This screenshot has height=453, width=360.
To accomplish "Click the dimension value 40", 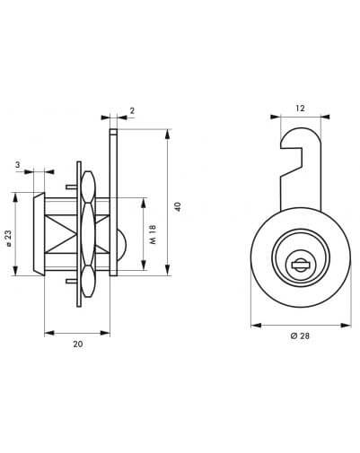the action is [178, 206].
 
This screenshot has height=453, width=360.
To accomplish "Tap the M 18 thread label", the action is [153, 234].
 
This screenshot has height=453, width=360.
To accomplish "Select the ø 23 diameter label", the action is [8, 239].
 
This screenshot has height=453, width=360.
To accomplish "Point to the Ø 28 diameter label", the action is [300, 335].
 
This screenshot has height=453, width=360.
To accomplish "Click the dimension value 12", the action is [300, 109].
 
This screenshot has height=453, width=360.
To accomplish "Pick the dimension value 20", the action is [78, 344].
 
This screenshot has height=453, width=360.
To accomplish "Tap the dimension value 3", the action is [18, 164].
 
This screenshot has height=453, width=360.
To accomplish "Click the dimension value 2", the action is [132, 110].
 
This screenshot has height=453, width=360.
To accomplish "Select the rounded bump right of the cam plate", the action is [122, 244].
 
